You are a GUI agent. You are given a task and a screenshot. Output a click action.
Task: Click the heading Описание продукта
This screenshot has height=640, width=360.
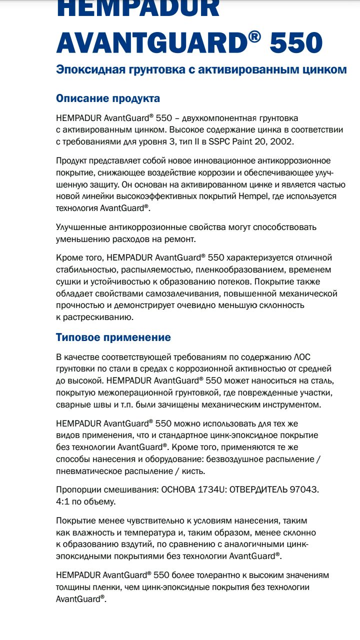point(108,98)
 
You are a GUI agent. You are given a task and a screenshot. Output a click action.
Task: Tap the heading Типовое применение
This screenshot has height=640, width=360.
point(113,337)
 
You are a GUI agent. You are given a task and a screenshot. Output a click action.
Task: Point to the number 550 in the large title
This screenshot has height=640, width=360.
point(296,43)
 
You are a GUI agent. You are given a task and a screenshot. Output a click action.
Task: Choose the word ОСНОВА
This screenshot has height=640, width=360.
point(178,489)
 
